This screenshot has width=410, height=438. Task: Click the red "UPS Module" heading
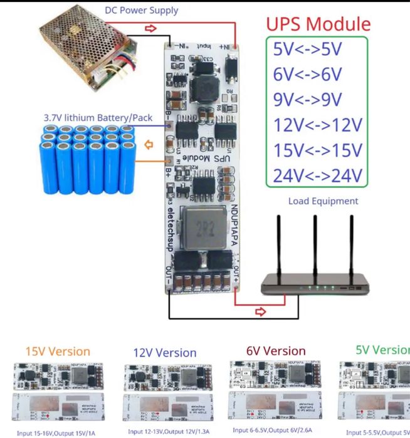coord(318,24)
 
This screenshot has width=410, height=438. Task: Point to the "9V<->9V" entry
coord(307,100)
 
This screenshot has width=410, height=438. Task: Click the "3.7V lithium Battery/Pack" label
coord(88,117)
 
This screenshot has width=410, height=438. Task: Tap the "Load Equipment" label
coord(323,201)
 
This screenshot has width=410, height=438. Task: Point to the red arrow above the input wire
coord(150,28)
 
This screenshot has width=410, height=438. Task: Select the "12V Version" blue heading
coord(165,353)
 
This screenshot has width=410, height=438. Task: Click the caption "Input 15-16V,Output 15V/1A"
coord(56,432)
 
